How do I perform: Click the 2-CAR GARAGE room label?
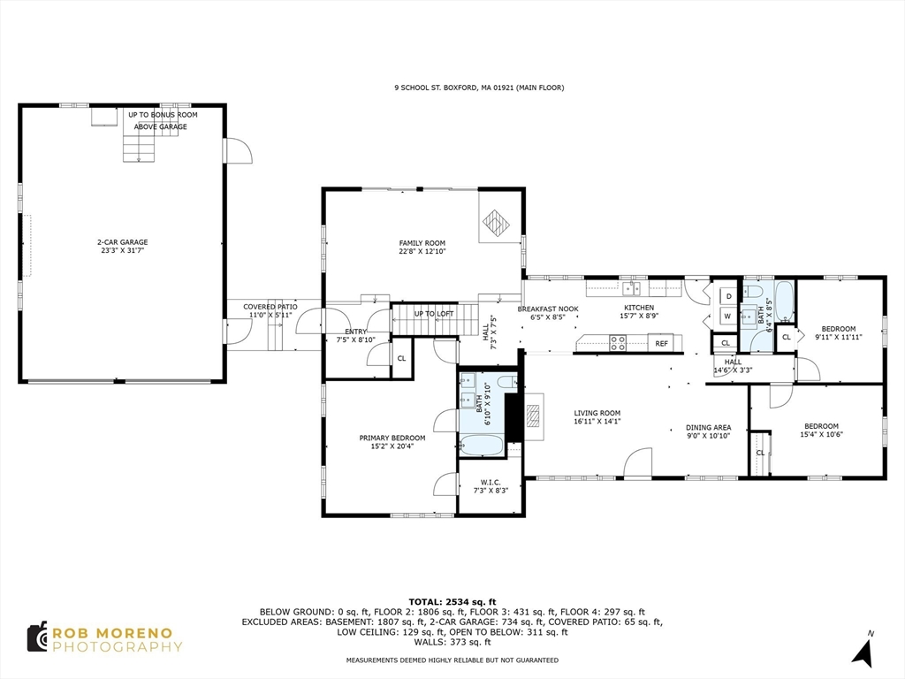[x=123, y=242]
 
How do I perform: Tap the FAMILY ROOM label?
[x=422, y=243]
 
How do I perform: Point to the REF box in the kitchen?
[x=661, y=344]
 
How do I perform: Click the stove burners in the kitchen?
[x=618, y=343]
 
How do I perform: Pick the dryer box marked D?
[x=728, y=297]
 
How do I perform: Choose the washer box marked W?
[x=727, y=316]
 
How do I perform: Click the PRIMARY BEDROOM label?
[x=392, y=438]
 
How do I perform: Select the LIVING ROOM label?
[x=597, y=413]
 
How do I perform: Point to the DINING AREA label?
[x=708, y=427]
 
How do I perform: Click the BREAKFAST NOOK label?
[x=548, y=309]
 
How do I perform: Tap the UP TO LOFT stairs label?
[x=434, y=314]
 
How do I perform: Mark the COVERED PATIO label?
[x=270, y=307]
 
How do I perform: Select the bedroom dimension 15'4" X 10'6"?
[x=819, y=434]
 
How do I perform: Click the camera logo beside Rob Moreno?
[x=37, y=637]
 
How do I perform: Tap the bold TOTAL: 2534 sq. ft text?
[x=452, y=601]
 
